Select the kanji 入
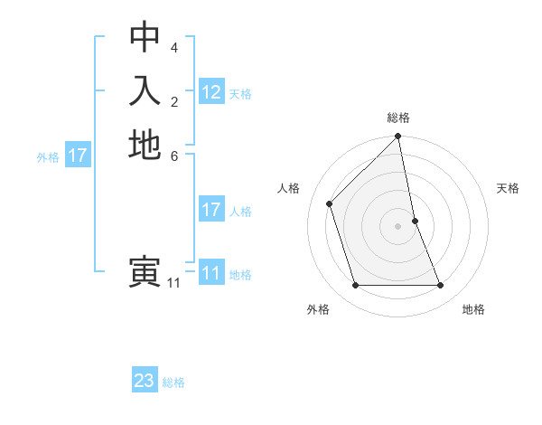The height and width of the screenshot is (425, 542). tap(145, 90)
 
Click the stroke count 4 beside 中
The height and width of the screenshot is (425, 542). tap(174, 47)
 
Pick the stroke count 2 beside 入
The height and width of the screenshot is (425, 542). tap(174, 101)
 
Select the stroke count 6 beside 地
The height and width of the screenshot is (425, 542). tap(174, 156)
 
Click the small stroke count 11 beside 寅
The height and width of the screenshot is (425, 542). tap(173, 283)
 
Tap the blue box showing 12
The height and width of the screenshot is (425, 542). tap(211, 91)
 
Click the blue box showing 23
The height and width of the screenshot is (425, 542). tap(145, 381)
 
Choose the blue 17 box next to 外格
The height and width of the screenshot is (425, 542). tap(78, 156)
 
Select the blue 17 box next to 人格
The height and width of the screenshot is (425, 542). tap(211, 210)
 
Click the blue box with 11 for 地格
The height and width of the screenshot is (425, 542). tap(211, 273)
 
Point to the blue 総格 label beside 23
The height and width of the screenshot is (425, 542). tap(173, 382)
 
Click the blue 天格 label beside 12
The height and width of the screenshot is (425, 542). tap(240, 94)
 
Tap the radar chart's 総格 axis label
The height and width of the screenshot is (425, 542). tap(398, 118)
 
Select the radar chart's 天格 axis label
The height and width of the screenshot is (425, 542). tap(508, 188)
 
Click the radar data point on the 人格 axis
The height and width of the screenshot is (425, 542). tap(330, 203)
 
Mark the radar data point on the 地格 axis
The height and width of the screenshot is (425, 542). tap(441, 286)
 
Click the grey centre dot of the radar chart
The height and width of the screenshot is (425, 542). tap(398, 225)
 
